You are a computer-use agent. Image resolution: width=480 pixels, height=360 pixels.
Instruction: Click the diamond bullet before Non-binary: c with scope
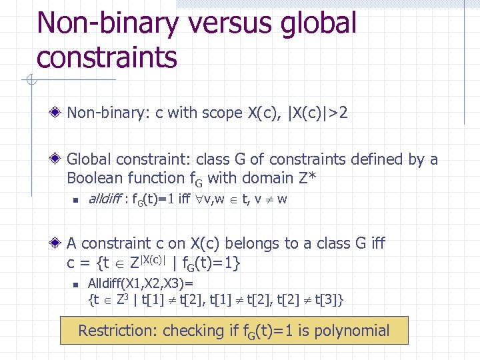[x=58, y=113]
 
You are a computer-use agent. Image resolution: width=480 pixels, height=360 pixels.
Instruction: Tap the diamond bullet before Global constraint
[x=58, y=160]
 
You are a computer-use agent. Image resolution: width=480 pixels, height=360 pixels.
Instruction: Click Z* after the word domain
[x=307, y=178]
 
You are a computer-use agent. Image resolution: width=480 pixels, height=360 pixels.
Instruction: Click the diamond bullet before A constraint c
[x=58, y=244]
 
